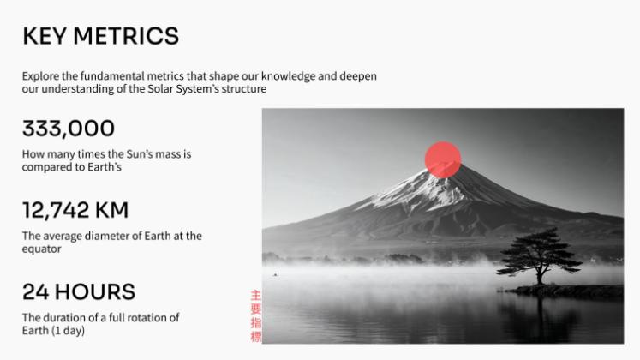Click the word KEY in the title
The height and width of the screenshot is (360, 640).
tap(44, 36)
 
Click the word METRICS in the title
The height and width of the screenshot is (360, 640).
tap(126, 36)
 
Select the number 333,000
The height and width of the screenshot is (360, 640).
tap(68, 129)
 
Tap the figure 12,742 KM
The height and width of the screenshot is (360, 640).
tap(75, 210)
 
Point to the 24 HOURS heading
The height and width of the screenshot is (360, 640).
tap(78, 291)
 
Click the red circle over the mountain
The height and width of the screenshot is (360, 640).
tap(443, 159)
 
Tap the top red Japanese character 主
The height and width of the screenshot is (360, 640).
tap(255, 295)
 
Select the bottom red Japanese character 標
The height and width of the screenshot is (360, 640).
tap(255, 337)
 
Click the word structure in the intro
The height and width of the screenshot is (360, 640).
tap(243, 89)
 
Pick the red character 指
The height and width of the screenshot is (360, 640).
tap(255, 323)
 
